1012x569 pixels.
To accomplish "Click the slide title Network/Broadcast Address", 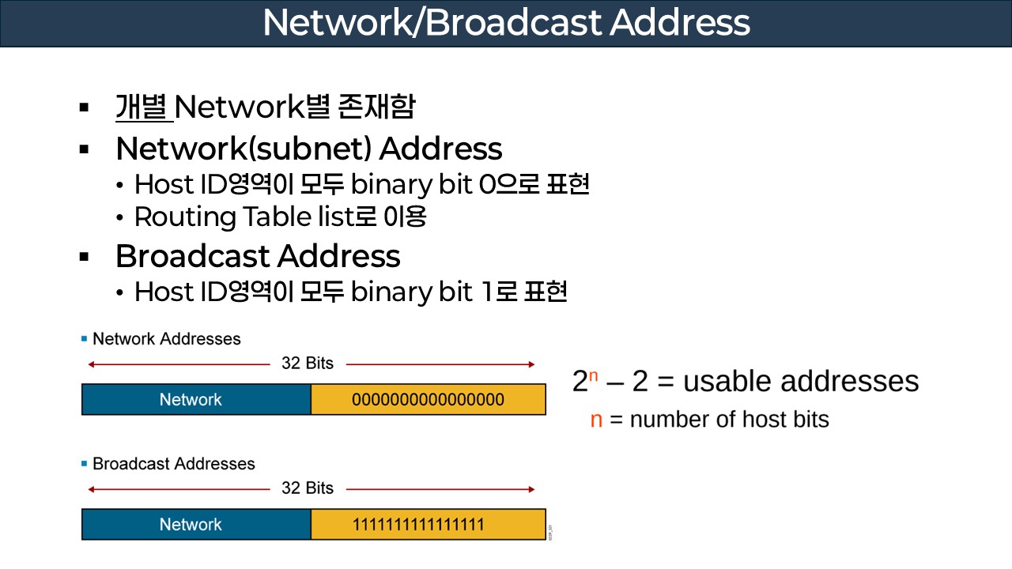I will point(506,23).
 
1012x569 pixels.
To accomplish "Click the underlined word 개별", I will point(143,107).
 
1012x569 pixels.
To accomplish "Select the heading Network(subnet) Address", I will point(308,149).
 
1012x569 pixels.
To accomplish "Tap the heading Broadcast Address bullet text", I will point(258,256).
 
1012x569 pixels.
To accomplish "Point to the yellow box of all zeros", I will point(428,399).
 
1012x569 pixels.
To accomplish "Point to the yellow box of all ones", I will point(428,524).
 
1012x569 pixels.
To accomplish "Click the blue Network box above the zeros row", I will point(191,399).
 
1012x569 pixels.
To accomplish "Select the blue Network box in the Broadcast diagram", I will point(191,524).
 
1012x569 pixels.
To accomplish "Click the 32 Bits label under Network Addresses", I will point(308,364).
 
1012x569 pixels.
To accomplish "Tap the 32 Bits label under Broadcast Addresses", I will point(308,488).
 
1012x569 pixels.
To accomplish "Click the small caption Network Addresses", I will point(166,339).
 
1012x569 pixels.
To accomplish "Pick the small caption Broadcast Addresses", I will point(174,464).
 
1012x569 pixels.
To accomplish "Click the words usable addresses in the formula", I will point(800,381).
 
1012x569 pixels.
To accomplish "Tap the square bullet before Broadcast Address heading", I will point(84,257).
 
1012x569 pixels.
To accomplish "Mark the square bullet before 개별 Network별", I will point(84,107).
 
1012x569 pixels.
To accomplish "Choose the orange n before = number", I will point(596,420).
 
